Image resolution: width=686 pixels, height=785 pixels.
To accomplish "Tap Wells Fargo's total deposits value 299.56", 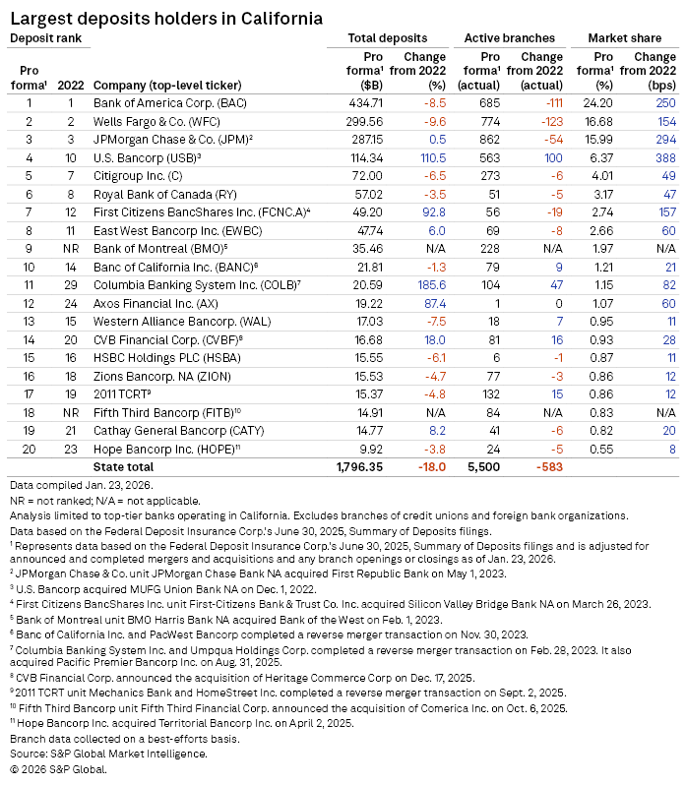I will point(368,120).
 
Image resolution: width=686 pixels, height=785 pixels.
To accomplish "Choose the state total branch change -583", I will point(548,466).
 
